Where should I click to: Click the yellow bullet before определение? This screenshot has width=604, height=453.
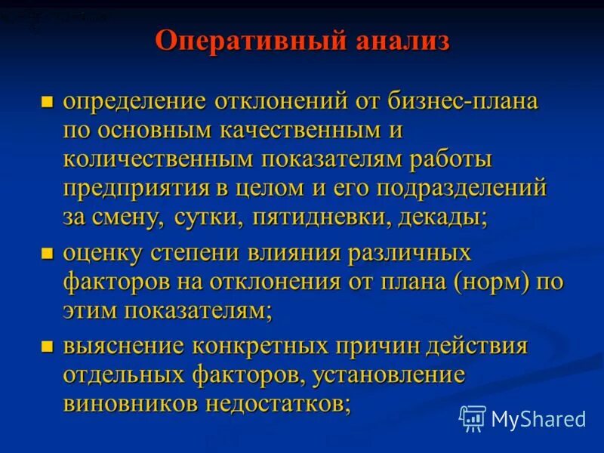coord(48,102)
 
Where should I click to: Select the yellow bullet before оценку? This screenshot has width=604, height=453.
coord(48,254)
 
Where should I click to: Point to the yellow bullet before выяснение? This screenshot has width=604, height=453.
coord(48,348)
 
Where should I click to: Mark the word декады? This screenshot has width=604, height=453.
coord(446,217)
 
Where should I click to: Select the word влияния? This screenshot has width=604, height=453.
coord(287,253)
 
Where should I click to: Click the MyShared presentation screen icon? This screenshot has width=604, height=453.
coord(473,418)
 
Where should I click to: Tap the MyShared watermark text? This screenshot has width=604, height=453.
coord(538,419)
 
